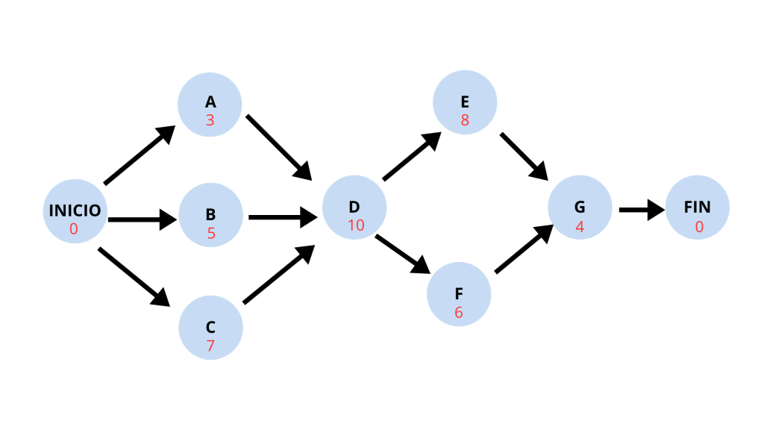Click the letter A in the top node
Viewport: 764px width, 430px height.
pos(210,103)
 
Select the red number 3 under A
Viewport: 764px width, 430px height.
pos(210,120)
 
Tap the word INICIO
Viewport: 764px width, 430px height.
pos(75,211)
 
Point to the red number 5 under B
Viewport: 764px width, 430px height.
pos(211,233)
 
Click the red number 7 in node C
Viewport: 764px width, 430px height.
pos(210,346)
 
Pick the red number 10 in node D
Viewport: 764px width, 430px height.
pos(355,225)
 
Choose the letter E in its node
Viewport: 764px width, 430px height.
pos(465,103)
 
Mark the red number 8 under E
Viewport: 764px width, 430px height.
pos(465,120)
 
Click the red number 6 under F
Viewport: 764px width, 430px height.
pos(459,312)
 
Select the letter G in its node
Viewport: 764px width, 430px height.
pos(580,208)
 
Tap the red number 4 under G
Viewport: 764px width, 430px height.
pos(580,225)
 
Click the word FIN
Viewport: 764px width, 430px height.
pos(698,208)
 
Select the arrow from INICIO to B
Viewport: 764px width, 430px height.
pos(142,219)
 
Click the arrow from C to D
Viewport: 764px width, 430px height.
pos(278,276)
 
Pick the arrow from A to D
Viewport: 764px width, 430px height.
pos(278,147)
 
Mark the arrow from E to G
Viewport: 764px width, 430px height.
pos(525,157)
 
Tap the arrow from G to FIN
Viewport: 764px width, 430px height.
pos(642,210)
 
